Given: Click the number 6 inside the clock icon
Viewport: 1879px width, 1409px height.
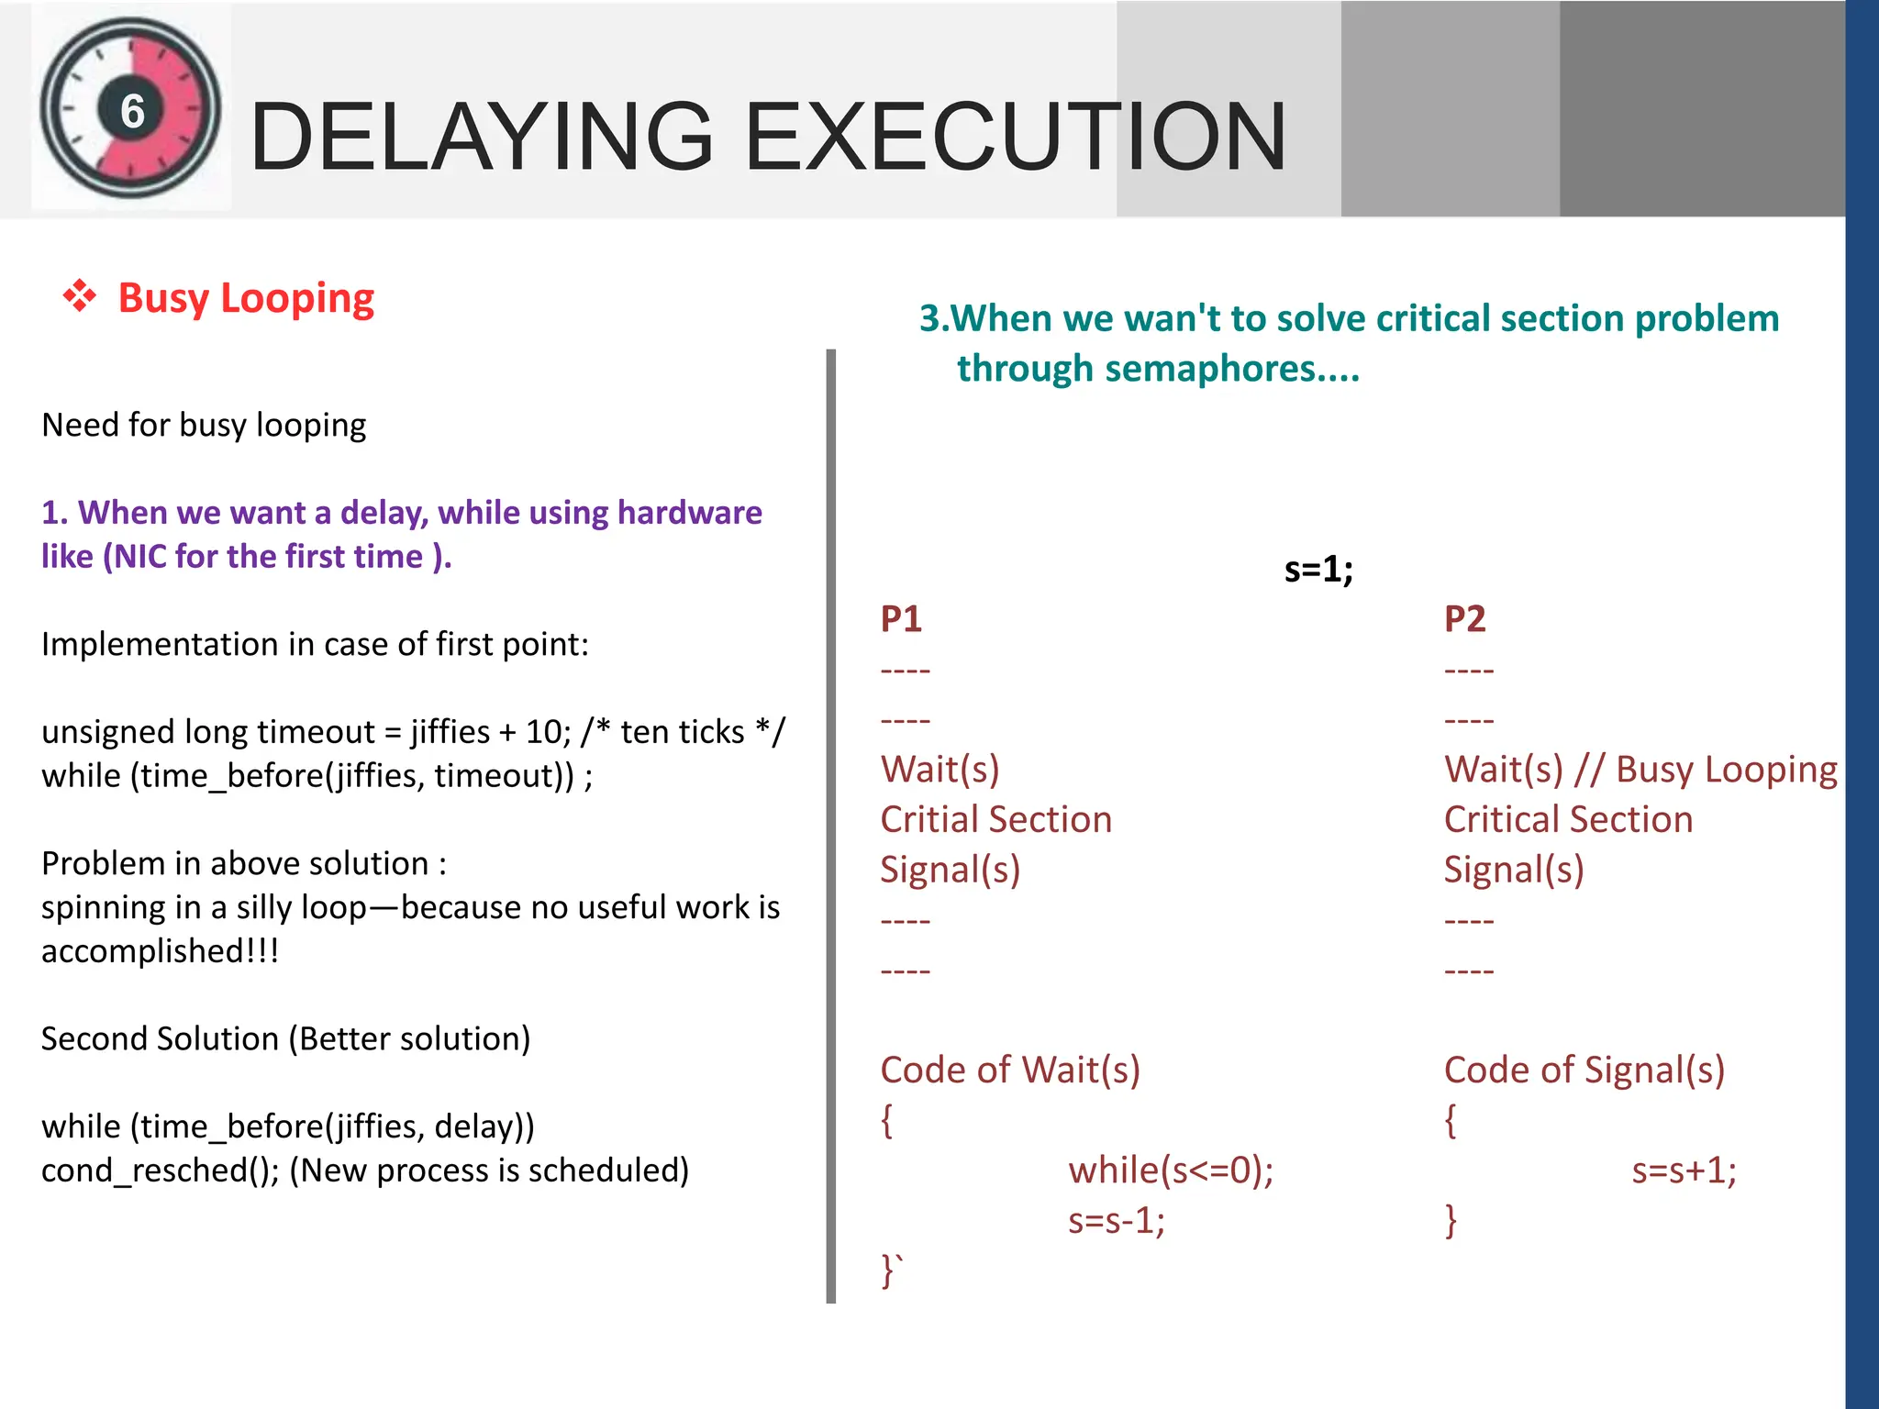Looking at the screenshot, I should (x=133, y=111).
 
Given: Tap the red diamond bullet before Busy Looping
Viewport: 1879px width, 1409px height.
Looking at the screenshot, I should (x=80, y=296).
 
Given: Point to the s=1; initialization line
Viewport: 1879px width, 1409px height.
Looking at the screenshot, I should (x=1318, y=570).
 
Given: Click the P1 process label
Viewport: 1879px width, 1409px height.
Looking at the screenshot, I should (x=901, y=619).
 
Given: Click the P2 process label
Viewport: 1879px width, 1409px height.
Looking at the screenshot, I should (x=1464, y=619).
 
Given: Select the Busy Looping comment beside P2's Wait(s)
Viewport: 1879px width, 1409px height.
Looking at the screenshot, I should (x=1707, y=770).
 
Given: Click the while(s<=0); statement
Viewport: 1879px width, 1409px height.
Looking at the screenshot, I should (x=1171, y=1170).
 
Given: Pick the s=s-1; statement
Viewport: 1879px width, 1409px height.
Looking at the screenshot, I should (x=1117, y=1220).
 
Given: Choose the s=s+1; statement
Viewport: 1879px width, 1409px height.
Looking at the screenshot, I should (x=1684, y=1170).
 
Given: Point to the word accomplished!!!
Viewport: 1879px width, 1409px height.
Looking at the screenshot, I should (x=160, y=951).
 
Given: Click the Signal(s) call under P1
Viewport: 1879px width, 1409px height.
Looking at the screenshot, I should (x=950, y=870).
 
